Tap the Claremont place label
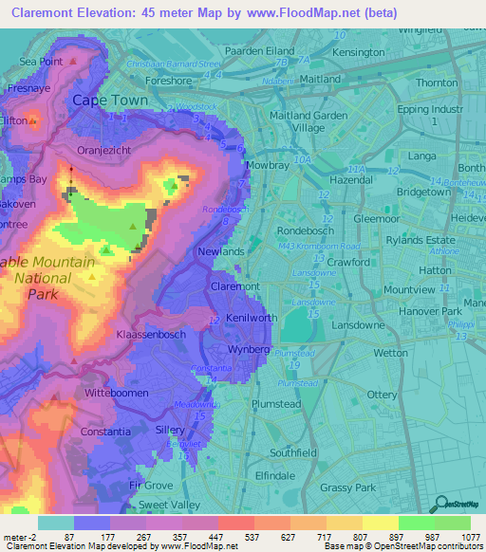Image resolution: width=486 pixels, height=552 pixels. click(x=234, y=285)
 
